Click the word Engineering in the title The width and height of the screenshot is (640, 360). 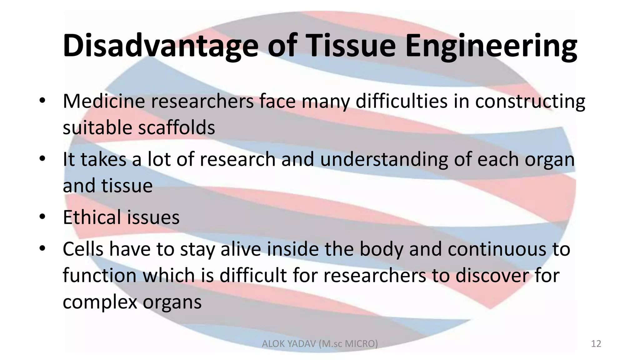(x=491, y=46)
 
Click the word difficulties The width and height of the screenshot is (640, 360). (x=402, y=101)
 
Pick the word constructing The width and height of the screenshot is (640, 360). (x=530, y=102)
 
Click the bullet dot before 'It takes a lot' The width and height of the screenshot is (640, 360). (x=42, y=159)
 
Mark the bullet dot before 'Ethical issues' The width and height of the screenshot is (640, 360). (x=42, y=217)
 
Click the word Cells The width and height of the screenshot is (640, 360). (x=83, y=249)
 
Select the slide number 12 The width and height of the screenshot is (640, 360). (x=596, y=344)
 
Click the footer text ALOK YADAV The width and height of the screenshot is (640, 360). (x=289, y=344)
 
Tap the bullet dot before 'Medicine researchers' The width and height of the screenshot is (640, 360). (x=42, y=101)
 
